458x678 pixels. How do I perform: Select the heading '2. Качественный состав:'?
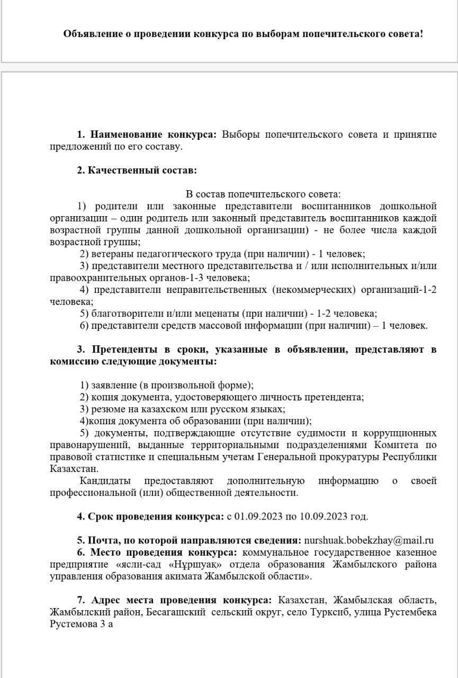coord(137,171)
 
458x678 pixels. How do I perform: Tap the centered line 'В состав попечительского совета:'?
coord(263,194)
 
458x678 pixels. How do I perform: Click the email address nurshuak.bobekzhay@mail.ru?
coord(369,541)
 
